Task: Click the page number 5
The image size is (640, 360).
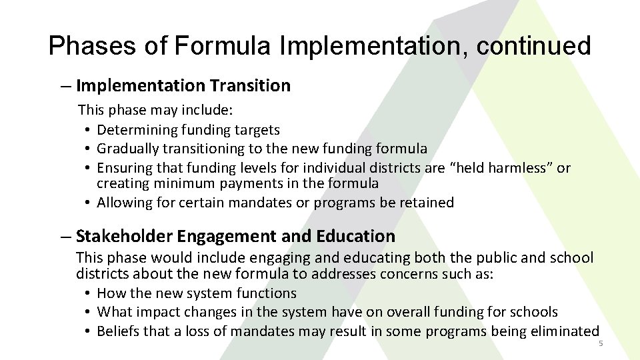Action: pos(600,343)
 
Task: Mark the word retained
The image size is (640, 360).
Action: pos(426,202)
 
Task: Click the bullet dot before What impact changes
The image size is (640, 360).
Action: pos(88,312)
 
